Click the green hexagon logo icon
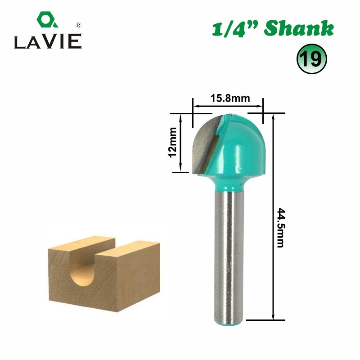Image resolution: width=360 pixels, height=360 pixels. pos(47,19)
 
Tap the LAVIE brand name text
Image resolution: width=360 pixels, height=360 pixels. pos(48,41)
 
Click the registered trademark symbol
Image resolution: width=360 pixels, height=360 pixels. pos(78,25)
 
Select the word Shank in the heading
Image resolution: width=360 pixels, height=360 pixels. pos(299,28)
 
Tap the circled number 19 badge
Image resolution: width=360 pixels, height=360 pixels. pos(311,59)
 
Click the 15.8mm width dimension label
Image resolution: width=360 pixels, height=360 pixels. pos(230,98)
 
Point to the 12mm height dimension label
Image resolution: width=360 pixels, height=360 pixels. pos(173,142)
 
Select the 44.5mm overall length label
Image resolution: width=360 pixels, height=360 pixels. pos(280,228)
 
